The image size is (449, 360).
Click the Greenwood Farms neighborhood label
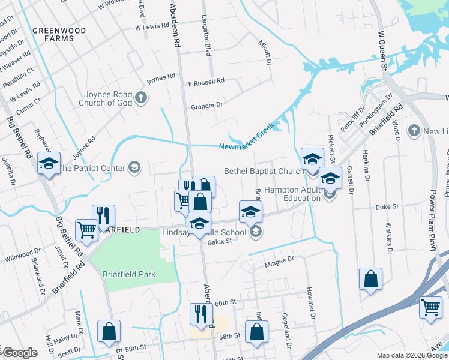[53, 34]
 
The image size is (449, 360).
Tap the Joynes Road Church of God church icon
[142, 98]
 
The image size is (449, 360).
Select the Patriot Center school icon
[134, 168]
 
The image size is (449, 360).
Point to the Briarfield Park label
[128, 274]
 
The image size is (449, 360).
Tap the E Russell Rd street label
[206, 81]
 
